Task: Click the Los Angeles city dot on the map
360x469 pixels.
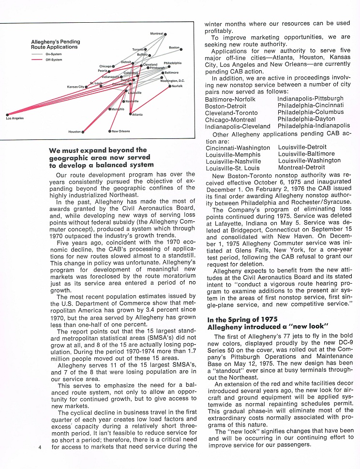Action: click(x=7, y=115)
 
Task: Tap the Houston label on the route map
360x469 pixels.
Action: click(x=75, y=132)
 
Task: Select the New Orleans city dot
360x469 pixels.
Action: click(x=110, y=131)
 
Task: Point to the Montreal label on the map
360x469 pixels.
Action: click(x=157, y=33)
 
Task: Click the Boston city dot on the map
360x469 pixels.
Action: click(x=181, y=49)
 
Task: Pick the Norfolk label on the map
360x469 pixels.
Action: click(x=177, y=86)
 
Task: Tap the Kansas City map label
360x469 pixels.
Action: click(x=75, y=87)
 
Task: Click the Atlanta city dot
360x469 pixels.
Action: click(x=130, y=114)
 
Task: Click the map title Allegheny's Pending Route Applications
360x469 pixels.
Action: click(x=56, y=44)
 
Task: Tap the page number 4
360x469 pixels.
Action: click(x=40, y=448)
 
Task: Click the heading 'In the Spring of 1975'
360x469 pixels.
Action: click(x=242, y=319)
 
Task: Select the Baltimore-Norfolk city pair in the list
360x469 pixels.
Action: click(x=230, y=99)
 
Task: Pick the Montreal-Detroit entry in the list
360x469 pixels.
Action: click(x=301, y=167)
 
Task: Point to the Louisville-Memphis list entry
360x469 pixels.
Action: click(x=233, y=154)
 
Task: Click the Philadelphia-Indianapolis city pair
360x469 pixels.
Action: click(x=314, y=126)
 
